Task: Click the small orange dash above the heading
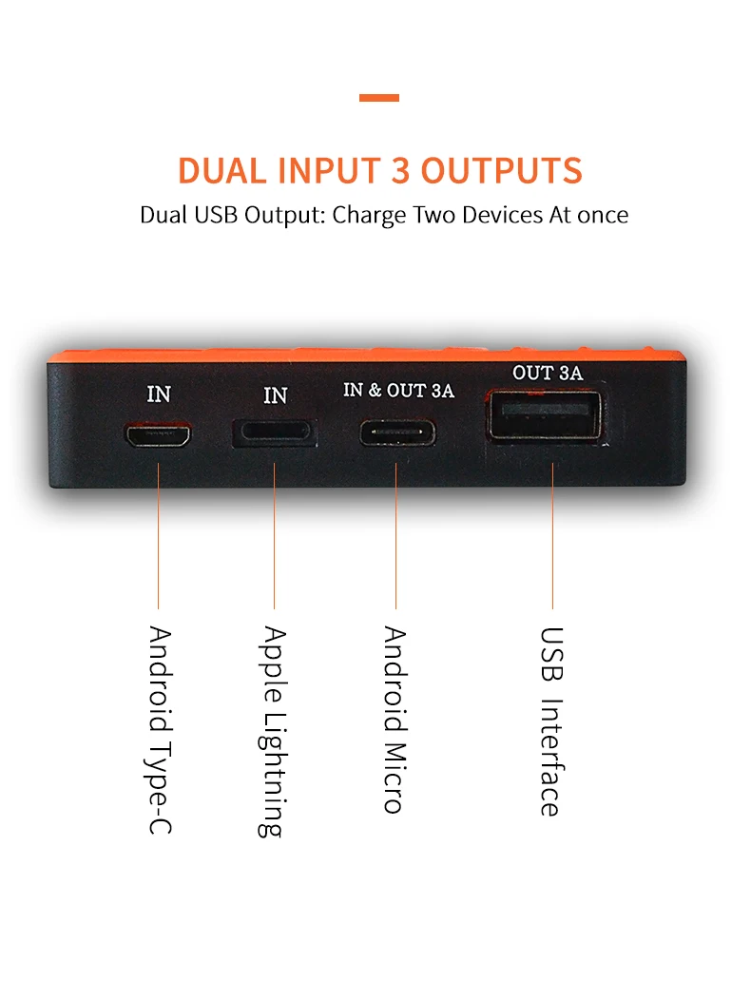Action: click(x=379, y=98)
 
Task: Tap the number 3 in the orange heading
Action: click(x=400, y=171)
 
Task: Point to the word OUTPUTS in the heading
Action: click(x=501, y=171)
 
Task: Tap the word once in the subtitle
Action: click(x=601, y=215)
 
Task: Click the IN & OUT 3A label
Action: click(x=398, y=391)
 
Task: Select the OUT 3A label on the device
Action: click(x=547, y=374)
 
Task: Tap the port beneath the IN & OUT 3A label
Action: click(x=397, y=432)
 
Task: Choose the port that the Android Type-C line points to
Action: click(x=158, y=435)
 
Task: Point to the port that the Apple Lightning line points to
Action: click(x=275, y=432)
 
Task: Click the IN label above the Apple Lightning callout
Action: click(x=275, y=394)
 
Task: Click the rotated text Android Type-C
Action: click(x=160, y=730)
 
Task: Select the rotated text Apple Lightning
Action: click(x=274, y=731)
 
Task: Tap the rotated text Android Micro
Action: click(x=395, y=719)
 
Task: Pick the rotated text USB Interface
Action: click(x=550, y=721)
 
